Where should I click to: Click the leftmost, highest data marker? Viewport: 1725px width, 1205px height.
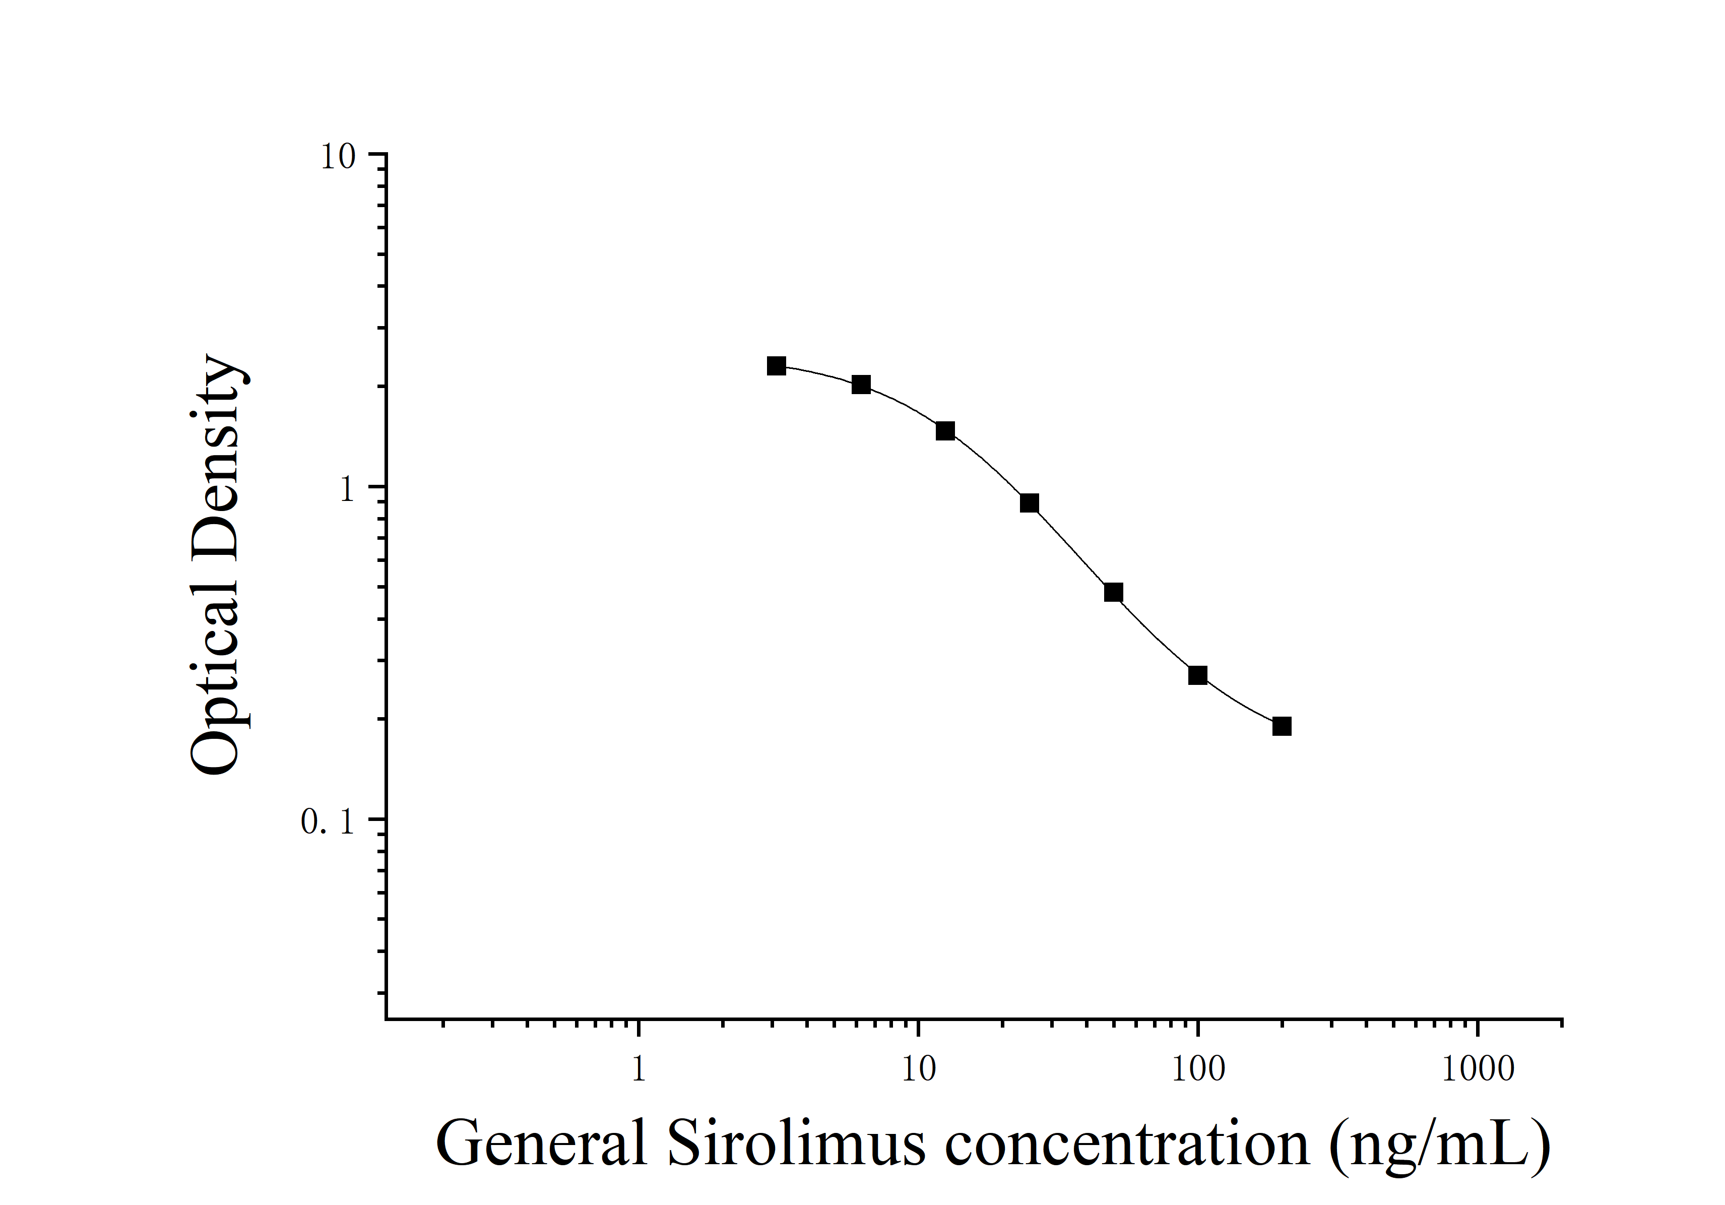click(x=777, y=366)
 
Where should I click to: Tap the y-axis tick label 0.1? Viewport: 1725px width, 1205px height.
click(x=328, y=822)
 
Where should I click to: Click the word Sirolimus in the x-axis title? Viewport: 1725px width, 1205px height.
click(x=796, y=1144)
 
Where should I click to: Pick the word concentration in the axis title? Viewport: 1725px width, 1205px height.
click(x=1127, y=1144)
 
